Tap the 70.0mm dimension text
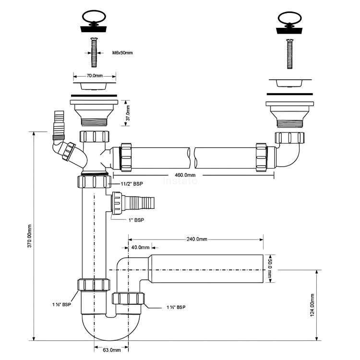pyautogui.click(x=95, y=76)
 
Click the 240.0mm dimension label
pyautogui.click(x=197, y=239)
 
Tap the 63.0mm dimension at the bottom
pyautogui.click(x=111, y=349)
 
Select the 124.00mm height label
pyautogui.click(x=312, y=305)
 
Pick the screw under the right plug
pyautogui.click(x=290, y=54)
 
